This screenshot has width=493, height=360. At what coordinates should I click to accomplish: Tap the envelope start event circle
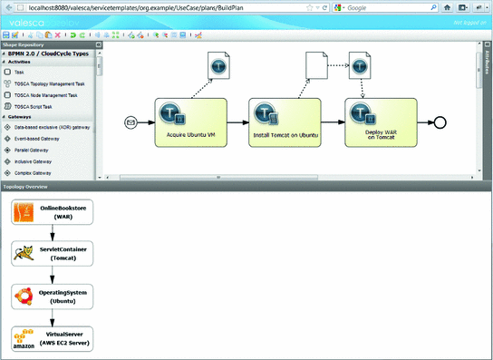tap(131, 122)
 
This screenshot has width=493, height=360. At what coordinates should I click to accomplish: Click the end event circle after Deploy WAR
tap(440, 122)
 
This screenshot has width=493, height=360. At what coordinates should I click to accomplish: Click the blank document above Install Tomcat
tap(314, 64)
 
